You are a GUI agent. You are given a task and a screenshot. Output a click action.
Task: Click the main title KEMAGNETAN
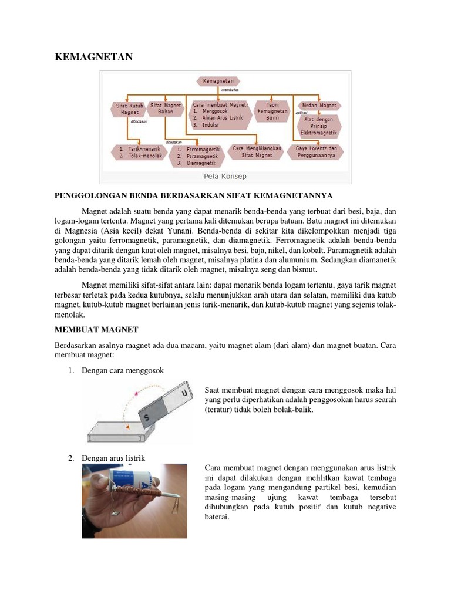tap(94, 57)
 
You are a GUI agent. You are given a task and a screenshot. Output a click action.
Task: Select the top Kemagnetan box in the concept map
tap(218, 80)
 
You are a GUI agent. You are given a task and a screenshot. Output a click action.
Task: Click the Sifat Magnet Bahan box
tap(166, 109)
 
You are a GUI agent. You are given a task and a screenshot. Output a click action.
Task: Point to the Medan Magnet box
tap(319, 106)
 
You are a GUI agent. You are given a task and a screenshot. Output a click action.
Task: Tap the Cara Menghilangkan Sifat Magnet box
tap(257, 153)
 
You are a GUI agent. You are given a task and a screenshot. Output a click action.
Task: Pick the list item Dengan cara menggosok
tap(123, 371)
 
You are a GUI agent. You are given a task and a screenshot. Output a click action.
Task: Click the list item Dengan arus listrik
tap(113, 458)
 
